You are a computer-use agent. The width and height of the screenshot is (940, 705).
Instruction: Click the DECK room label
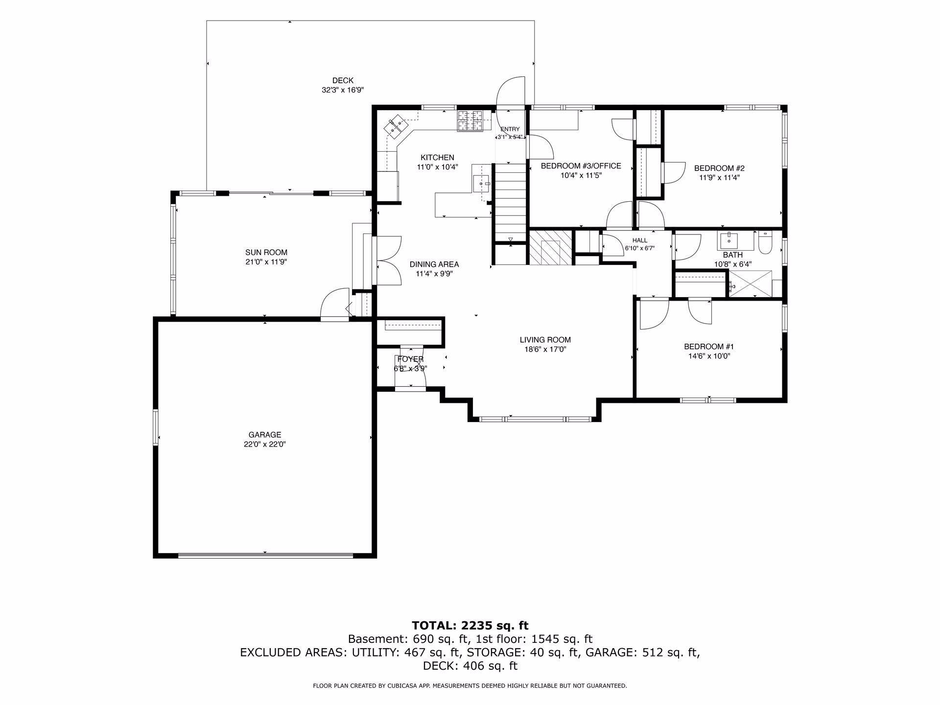(343, 81)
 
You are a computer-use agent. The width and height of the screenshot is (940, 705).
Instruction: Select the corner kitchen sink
(396, 126)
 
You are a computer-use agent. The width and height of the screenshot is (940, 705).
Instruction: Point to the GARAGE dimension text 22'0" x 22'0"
(265, 445)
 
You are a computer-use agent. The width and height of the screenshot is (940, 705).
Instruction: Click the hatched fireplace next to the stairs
(550, 247)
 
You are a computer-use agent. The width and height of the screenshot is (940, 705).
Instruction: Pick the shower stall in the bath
(750, 283)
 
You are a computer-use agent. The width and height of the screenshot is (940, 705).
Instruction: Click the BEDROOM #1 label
(709, 347)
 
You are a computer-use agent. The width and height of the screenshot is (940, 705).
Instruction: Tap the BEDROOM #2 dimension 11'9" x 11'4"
(719, 178)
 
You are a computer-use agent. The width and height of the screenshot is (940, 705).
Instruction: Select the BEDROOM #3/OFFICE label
(581, 166)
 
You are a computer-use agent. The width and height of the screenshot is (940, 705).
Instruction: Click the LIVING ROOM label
(545, 340)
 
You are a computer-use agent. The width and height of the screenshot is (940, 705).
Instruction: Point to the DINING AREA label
(434, 264)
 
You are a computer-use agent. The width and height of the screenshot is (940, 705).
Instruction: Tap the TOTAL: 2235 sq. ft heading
(470, 625)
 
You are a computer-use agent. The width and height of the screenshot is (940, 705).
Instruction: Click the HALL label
(640, 240)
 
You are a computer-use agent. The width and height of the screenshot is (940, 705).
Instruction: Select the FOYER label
(410, 359)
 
